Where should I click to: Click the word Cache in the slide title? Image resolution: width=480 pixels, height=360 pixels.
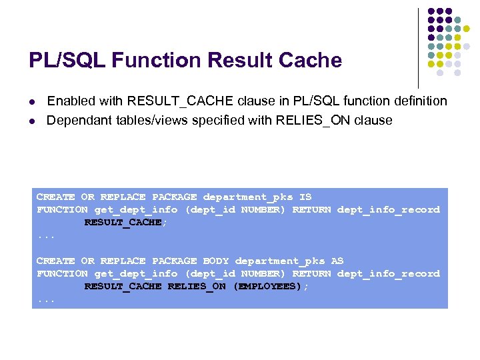coord(311,61)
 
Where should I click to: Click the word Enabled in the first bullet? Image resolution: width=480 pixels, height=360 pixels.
coord(70,101)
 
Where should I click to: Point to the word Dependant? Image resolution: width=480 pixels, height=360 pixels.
coord(77,121)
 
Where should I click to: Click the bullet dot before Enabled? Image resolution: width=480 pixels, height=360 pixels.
coord(32,102)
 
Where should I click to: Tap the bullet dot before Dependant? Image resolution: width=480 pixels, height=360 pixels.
coord(32,121)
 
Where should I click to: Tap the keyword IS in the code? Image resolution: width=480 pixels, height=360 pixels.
coord(305,197)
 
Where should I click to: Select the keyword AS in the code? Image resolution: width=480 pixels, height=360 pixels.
coord(337,261)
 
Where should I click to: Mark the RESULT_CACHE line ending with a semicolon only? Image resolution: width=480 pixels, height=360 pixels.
coord(125,223)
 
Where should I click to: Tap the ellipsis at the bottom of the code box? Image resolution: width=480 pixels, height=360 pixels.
coord(45,300)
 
